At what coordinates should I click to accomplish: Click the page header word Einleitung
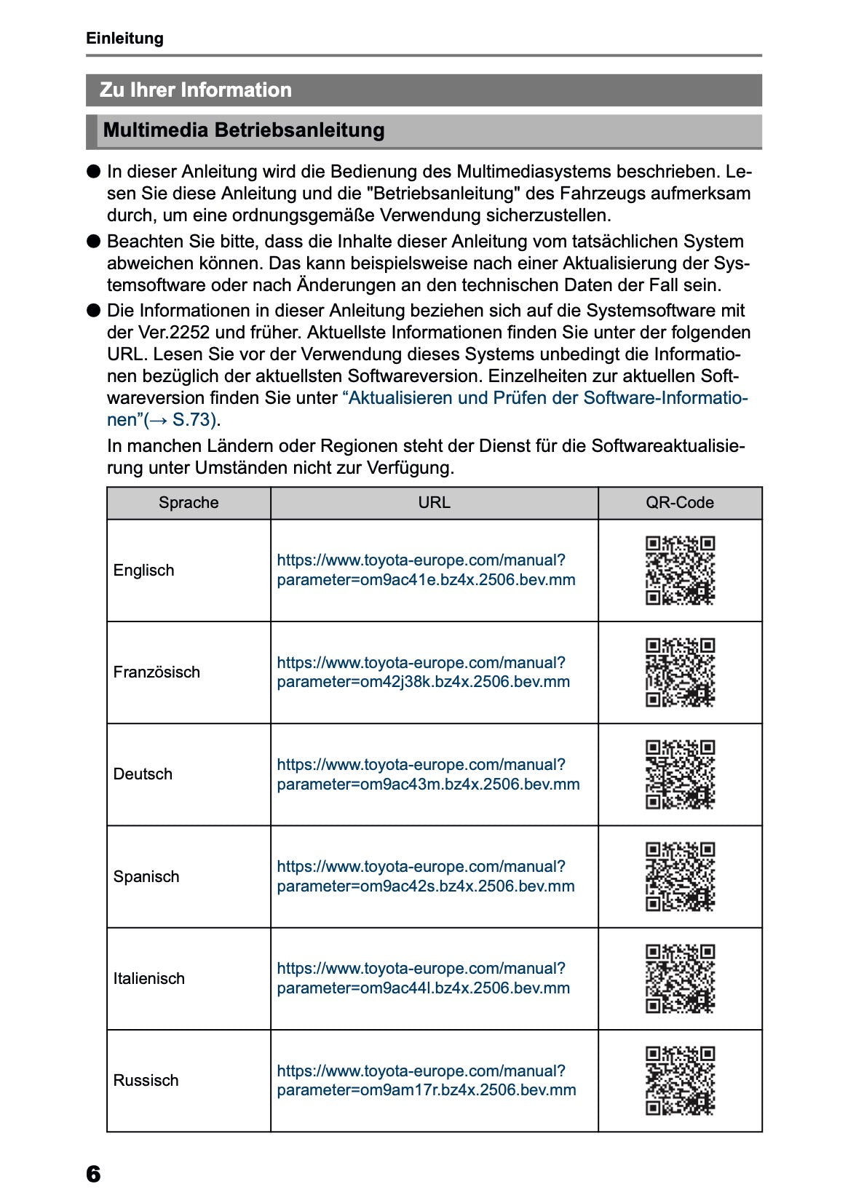tap(124, 39)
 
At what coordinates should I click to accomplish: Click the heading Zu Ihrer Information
tap(195, 90)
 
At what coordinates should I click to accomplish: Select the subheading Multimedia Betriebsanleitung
tap(244, 130)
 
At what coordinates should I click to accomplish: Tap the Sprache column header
tap(189, 503)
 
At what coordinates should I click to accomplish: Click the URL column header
tap(434, 503)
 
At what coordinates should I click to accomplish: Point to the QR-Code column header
tap(679, 503)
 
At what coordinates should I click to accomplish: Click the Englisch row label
tap(143, 571)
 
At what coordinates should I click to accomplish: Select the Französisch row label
tap(156, 672)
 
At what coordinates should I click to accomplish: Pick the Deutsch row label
tap(143, 774)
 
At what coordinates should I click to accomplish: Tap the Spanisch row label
tap(146, 877)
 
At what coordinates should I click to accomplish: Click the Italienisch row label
tap(148, 979)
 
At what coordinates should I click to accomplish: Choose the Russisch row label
tap(146, 1081)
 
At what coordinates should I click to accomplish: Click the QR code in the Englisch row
tap(680, 571)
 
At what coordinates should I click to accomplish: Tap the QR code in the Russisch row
tap(680, 1081)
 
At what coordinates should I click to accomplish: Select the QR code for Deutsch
tap(680, 774)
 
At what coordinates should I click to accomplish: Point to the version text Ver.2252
tap(159, 333)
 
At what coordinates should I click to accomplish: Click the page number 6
tap(93, 1174)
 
